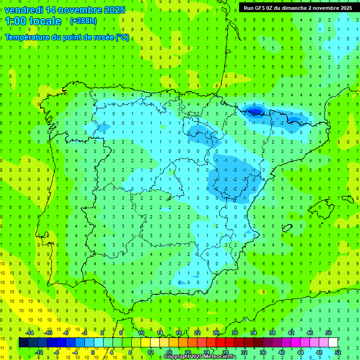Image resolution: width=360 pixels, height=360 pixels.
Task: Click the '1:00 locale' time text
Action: click(33, 21)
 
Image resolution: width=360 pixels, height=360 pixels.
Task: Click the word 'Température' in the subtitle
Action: click(29, 37)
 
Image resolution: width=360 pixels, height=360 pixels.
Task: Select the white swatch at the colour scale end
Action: click(333, 343)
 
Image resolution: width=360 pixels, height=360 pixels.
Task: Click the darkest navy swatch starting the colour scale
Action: click(23, 343)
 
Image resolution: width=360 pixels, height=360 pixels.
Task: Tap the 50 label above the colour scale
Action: click(329, 333)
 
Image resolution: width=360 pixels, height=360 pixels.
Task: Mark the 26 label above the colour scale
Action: click(216, 333)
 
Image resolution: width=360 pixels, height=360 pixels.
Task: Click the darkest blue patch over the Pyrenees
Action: click(255, 111)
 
